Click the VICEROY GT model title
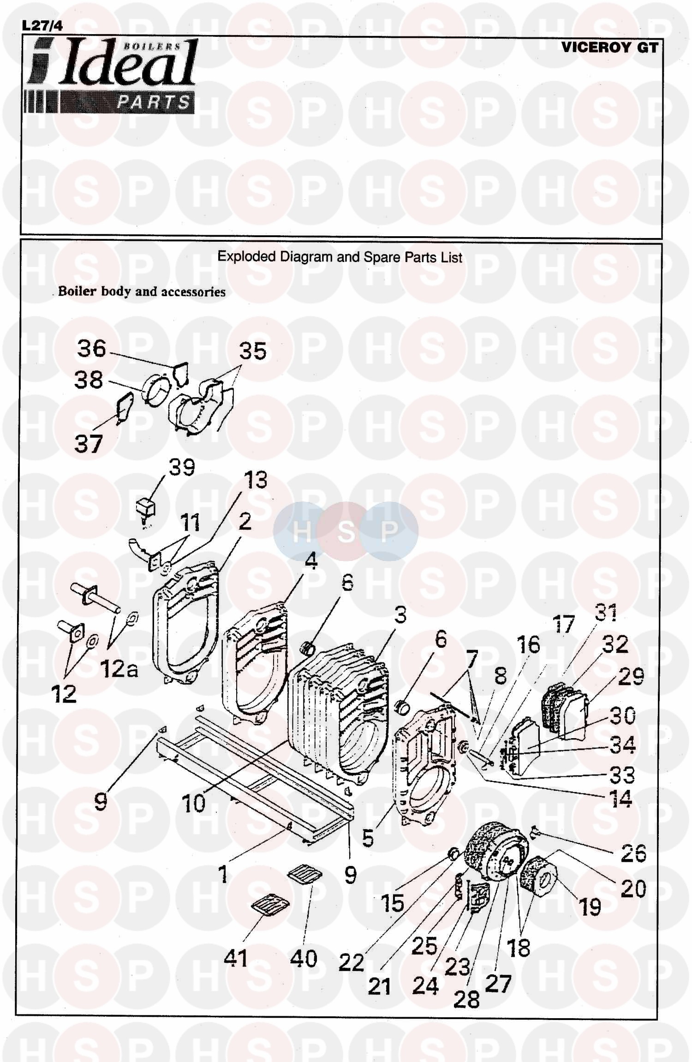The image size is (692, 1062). pos(609,47)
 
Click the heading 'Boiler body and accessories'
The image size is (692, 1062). pos(142,292)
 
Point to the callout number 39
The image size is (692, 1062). pos(182,467)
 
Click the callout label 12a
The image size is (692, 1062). pos(119,669)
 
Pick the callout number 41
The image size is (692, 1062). pos(235,958)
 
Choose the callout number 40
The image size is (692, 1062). pos(303,958)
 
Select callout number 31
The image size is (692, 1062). pos(606,613)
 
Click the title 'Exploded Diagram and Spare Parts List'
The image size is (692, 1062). pos(340,257)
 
